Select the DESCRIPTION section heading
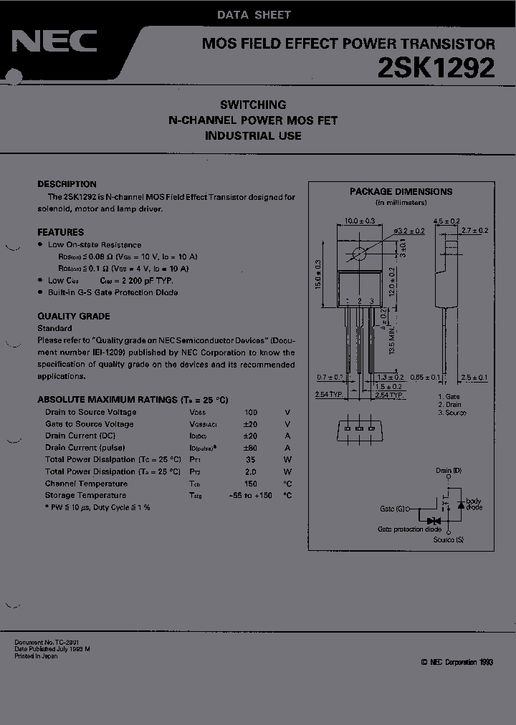click(x=67, y=184)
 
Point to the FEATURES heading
click(x=60, y=232)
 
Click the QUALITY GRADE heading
click(x=73, y=316)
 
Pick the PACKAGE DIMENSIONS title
click(x=401, y=191)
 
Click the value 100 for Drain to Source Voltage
click(x=250, y=412)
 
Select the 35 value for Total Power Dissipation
click(x=250, y=459)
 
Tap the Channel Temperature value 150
click(x=250, y=484)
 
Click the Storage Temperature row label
click(x=85, y=495)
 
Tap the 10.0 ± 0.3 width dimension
click(x=360, y=221)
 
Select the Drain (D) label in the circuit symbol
click(x=449, y=471)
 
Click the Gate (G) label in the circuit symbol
click(x=393, y=509)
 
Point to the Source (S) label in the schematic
click(x=449, y=539)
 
